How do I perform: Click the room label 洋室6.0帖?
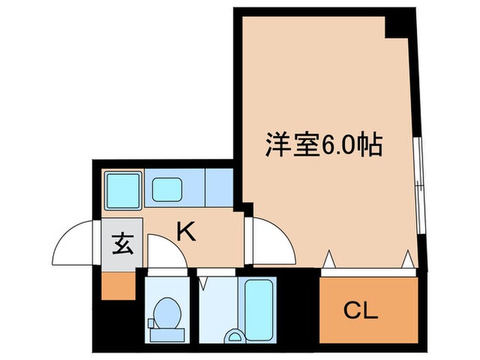pyautogui.click(x=323, y=146)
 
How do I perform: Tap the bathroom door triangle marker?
pyautogui.click(x=203, y=281)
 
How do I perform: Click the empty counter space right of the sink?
pyautogui.click(x=219, y=186)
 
